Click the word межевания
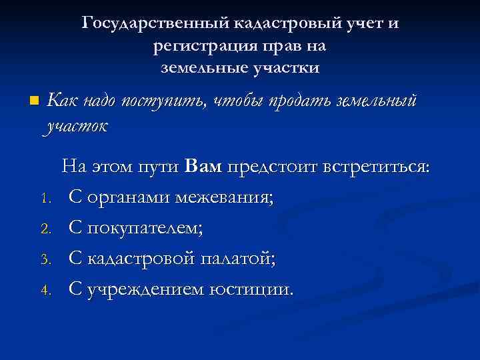(x=226, y=198)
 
